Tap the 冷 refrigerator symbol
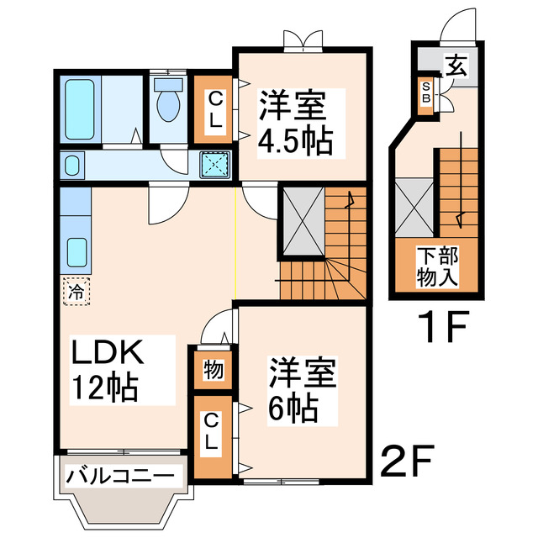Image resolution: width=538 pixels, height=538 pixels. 75,293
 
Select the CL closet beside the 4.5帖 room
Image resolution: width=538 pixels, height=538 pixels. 214,109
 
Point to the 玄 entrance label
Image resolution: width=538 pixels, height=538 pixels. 456,66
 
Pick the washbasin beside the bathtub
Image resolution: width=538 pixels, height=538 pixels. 72,164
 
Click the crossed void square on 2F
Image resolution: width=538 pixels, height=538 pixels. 301,221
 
